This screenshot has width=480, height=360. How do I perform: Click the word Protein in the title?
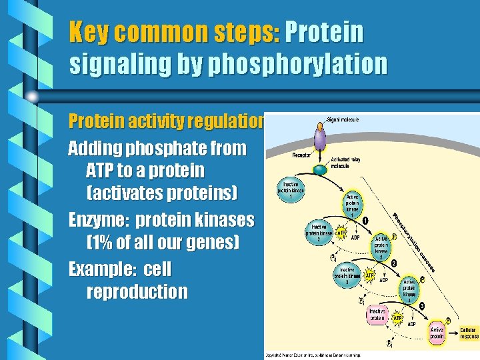(324, 31)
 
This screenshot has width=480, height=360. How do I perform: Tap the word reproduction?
(137, 291)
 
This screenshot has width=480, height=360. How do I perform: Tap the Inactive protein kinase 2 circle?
(319, 230)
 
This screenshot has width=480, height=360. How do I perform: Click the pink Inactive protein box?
(378, 315)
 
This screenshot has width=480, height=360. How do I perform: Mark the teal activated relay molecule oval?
(321, 169)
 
